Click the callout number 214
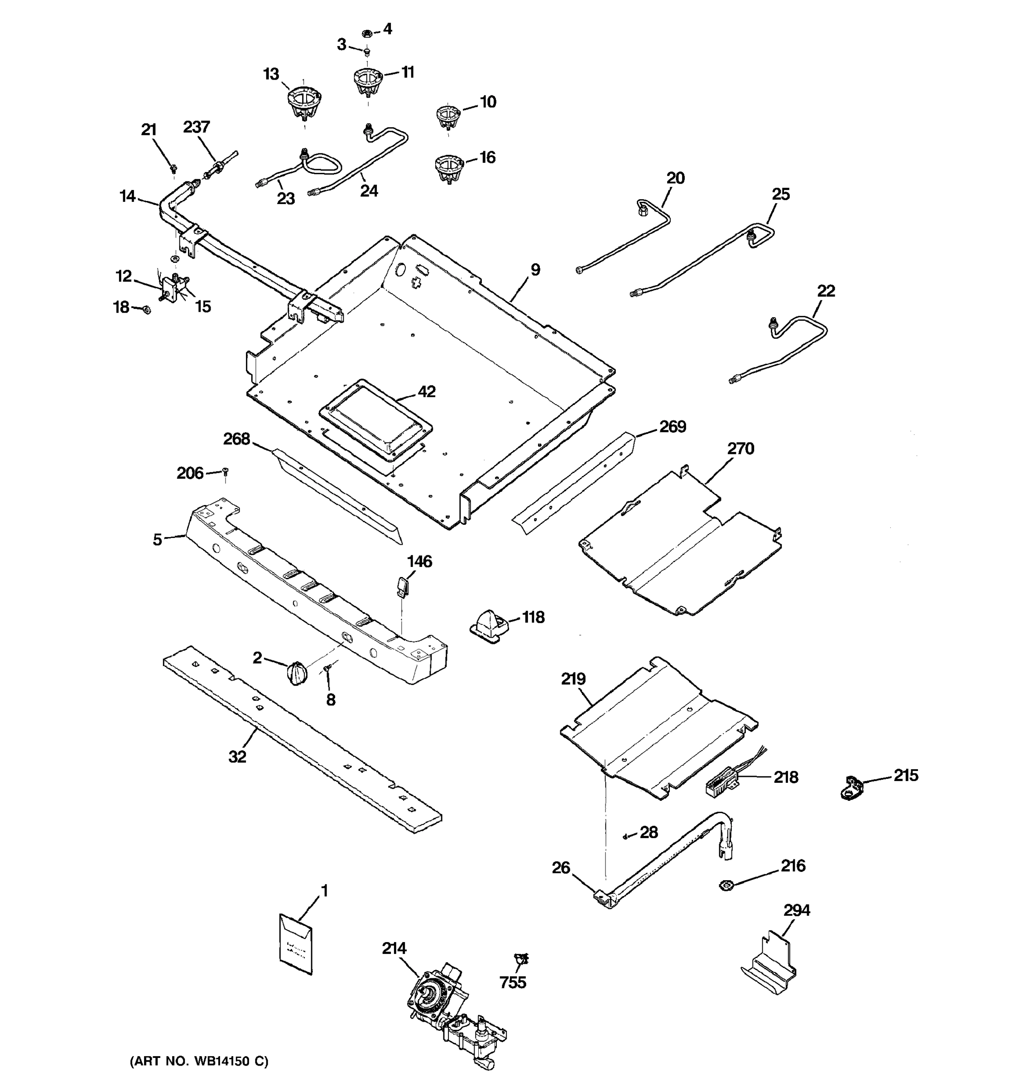coord(394,949)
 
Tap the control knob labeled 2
coord(296,672)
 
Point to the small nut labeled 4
coord(368,33)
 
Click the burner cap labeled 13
coord(304,103)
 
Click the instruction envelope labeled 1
coord(296,943)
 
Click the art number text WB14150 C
coord(199,1062)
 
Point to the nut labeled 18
coord(146,310)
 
